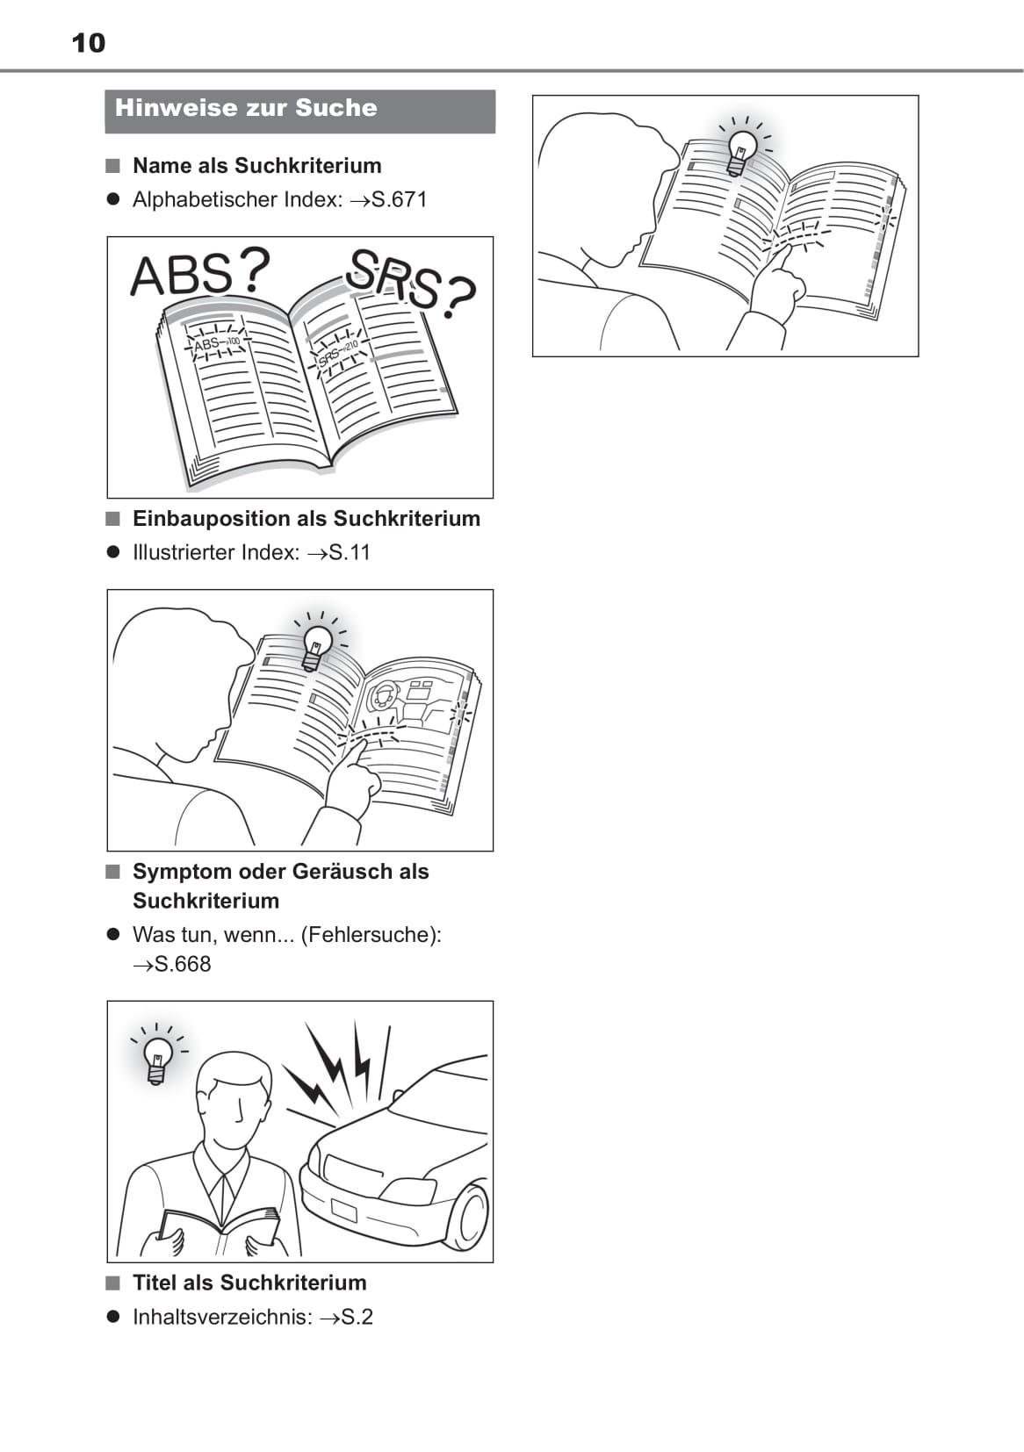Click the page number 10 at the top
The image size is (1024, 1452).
(88, 43)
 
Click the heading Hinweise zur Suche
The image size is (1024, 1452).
(246, 108)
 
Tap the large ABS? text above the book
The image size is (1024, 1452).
(200, 274)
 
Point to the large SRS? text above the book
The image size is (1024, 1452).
(410, 284)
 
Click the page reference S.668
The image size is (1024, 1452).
(183, 964)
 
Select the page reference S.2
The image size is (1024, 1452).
(357, 1317)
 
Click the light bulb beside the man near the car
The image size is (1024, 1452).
(157, 1058)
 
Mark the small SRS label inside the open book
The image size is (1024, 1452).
(329, 356)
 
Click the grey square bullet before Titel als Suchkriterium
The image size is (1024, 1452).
(112, 1283)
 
